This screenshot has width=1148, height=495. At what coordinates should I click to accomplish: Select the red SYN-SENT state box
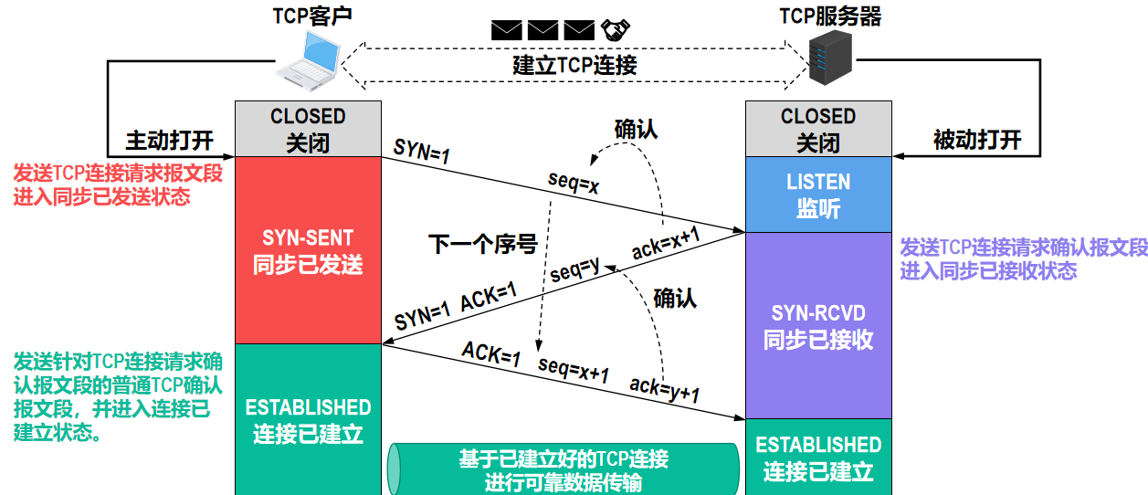[x=308, y=249]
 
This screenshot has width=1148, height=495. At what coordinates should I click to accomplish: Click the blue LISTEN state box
[x=818, y=195]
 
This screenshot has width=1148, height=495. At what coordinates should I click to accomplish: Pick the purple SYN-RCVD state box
[x=818, y=326]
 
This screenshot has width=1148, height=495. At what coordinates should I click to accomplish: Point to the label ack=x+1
[x=666, y=244]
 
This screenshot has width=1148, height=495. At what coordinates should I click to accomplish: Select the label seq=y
[x=574, y=269]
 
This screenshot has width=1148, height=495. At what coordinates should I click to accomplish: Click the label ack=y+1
[x=664, y=390]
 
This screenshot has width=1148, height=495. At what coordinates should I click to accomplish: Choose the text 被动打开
[x=976, y=140]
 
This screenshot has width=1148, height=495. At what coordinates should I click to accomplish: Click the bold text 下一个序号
[x=482, y=244]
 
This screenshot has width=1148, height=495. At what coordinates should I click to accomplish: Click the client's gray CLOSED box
[x=308, y=129]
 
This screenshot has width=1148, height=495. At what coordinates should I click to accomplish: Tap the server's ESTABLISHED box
[x=818, y=458]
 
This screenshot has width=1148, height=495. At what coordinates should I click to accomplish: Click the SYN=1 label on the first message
[x=422, y=153]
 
